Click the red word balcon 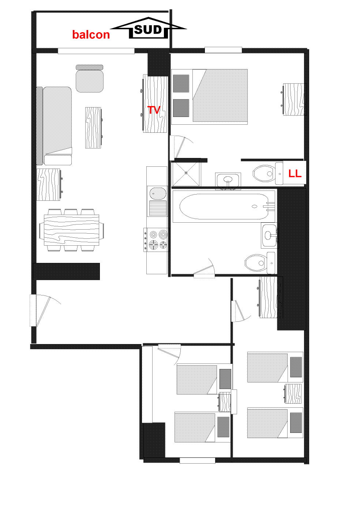(x=91, y=34)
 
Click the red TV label (x=154, y=110)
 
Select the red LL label (x=295, y=174)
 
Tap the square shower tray (x=186, y=173)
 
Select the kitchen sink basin (x=158, y=193)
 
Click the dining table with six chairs (x=71, y=230)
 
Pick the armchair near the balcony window (x=90, y=79)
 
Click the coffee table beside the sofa (x=93, y=128)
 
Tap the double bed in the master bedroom (x=220, y=95)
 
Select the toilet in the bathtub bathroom (x=260, y=263)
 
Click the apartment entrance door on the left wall (x=40, y=310)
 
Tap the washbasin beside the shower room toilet (x=228, y=180)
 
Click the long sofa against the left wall (x=55, y=126)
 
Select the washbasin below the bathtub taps (x=270, y=235)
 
